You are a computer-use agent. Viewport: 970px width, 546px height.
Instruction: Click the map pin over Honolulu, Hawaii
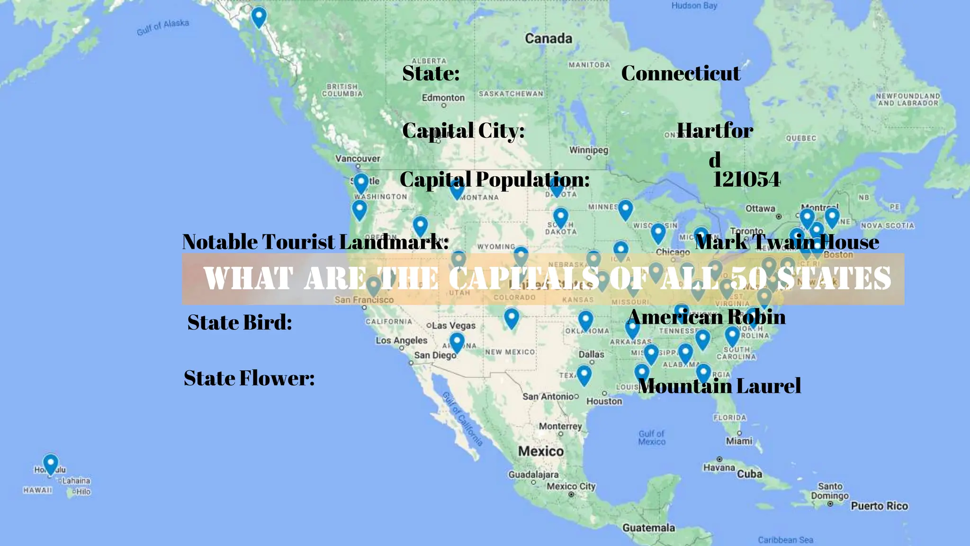pyautogui.click(x=51, y=463)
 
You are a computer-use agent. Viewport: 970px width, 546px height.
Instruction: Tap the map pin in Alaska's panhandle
pyautogui.click(x=259, y=17)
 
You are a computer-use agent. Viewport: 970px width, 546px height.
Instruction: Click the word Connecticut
pyautogui.click(x=681, y=73)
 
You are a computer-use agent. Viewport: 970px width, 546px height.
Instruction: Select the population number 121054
pyautogui.click(x=746, y=179)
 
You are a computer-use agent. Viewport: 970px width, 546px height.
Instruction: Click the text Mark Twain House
pyautogui.click(x=787, y=242)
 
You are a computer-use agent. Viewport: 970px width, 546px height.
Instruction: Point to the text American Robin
pyautogui.click(x=707, y=317)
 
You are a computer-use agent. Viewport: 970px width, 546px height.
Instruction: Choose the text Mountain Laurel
pyautogui.click(x=719, y=386)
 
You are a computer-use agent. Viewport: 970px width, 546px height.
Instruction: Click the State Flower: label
pyautogui.click(x=249, y=378)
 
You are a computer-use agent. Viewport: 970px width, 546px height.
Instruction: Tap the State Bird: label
pyautogui.click(x=240, y=322)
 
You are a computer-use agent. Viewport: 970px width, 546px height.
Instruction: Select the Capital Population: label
pyautogui.click(x=494, y=180)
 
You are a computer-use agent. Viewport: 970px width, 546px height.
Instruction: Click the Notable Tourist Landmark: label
pyautogui.click(x=315, y=242)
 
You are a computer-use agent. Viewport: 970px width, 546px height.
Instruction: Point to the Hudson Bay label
pyautogui.click(x=694, y=6)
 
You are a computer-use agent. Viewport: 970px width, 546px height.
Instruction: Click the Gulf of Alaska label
pyautogui.click(x=163, y=27)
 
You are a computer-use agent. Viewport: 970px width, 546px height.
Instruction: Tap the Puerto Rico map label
pyautogui.click(x=879, y=506)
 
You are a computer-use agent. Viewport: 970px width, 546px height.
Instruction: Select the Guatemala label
pyautogui.click(x=648, y=528)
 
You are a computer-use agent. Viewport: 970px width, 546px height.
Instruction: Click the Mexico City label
pyautogui.click(x=571, y=486)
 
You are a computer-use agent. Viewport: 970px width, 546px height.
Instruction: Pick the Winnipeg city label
pyautogui.click(x=588, y=150)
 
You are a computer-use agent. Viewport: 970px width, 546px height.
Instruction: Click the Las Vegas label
pyautogui.click(x=453, y=326)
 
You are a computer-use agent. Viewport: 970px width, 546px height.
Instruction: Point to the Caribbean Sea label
pyautogui.click(x=785, y=540)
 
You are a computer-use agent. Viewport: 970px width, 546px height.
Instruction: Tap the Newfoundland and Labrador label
pyautogui.click(x=907, y=99)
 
